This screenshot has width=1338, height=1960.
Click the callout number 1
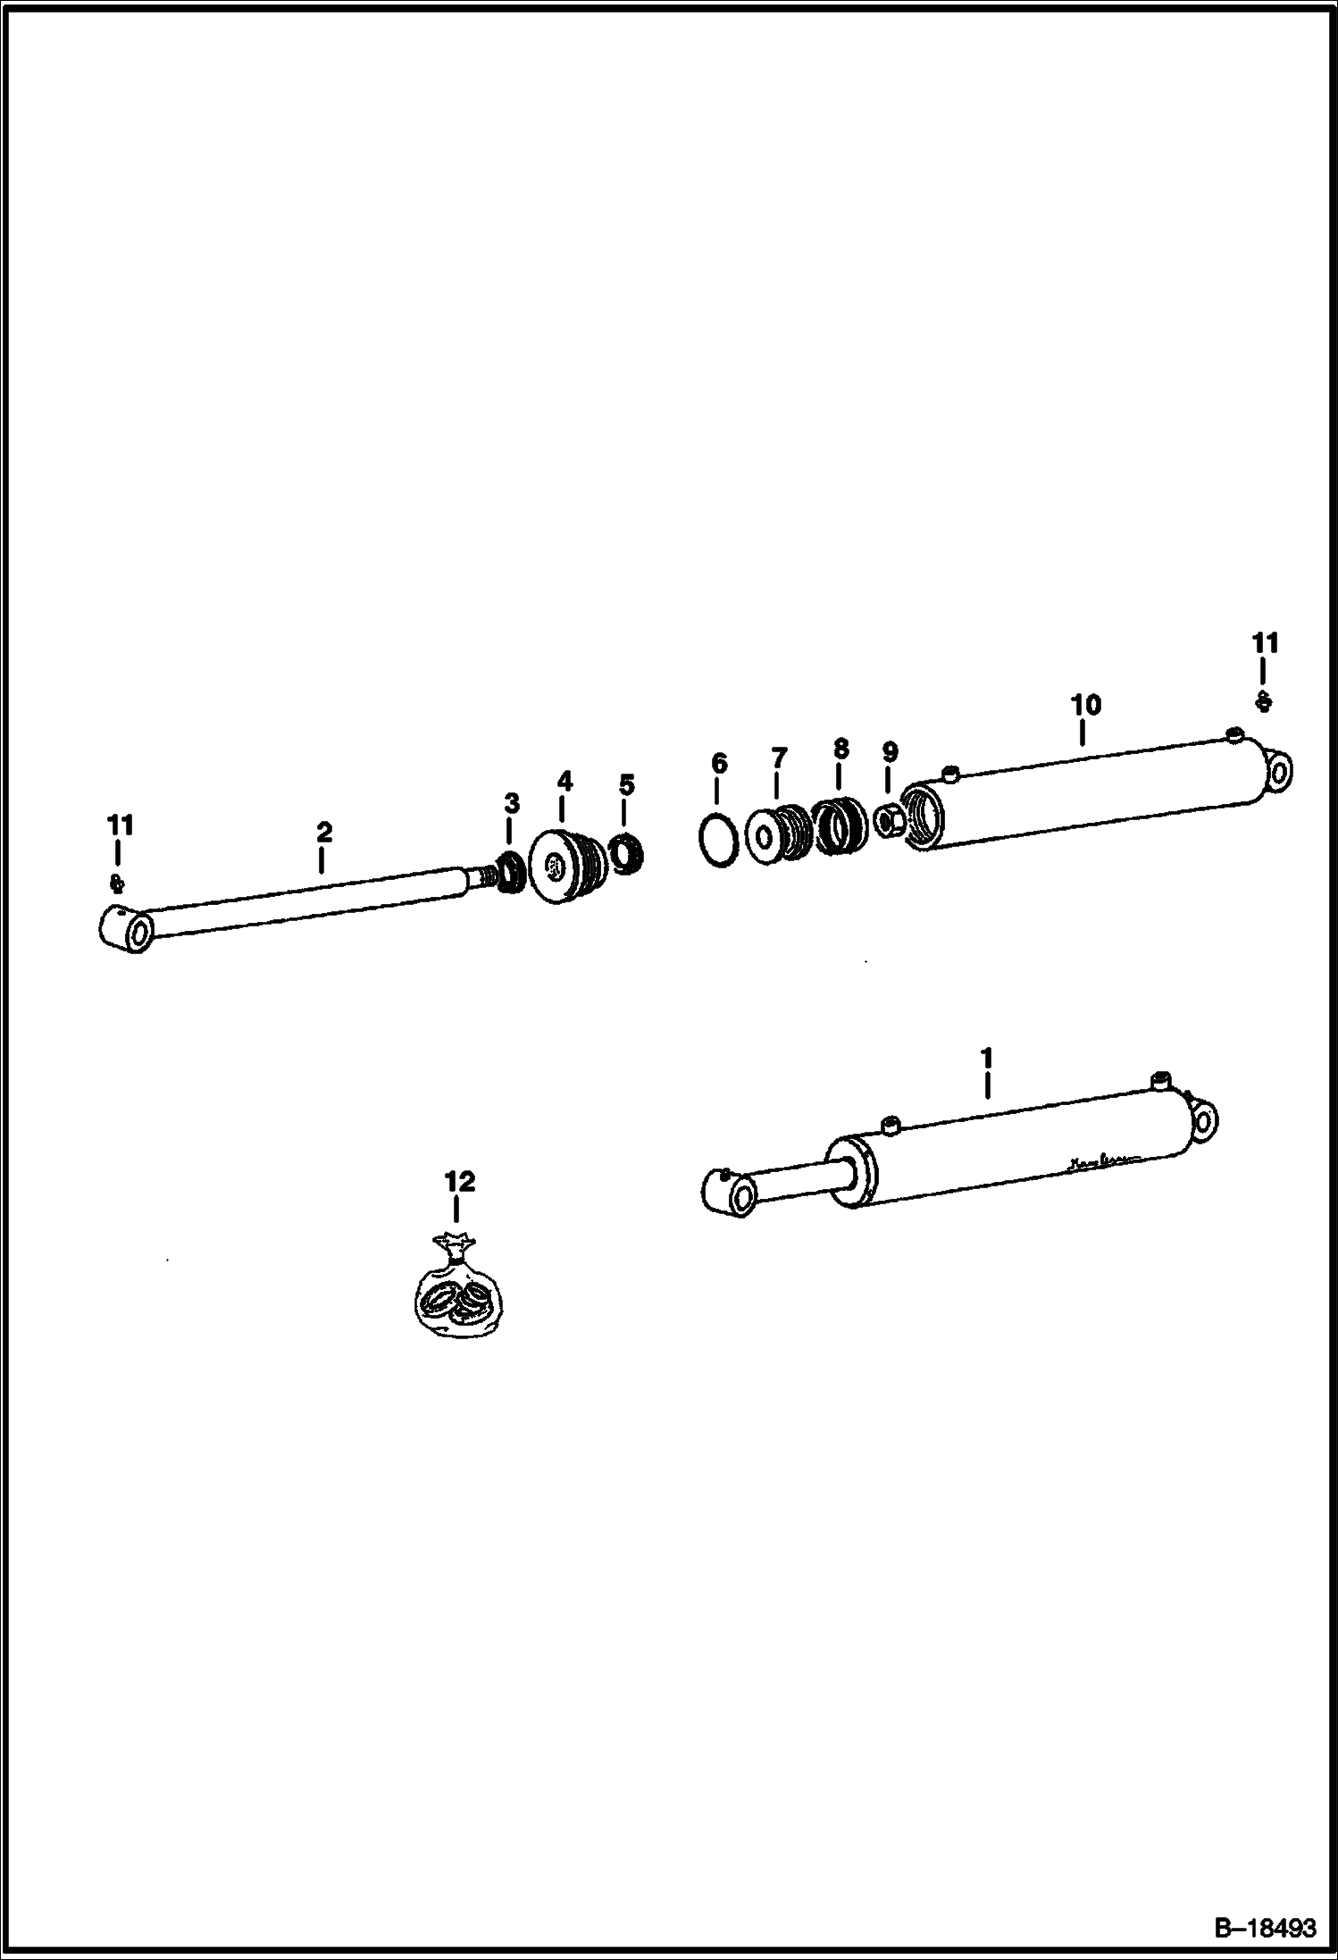tap(987, 1058)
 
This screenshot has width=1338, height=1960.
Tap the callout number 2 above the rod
tap(324, 832)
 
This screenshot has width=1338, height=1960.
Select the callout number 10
tap(1086, 704)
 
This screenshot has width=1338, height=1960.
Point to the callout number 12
tap(460, 1181)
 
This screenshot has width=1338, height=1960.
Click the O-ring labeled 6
tap(717, 839)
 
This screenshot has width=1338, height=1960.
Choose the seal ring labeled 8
tap(840, 824)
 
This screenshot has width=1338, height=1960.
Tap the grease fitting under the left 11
tap(115, 884)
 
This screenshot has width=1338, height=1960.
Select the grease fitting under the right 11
tap(1263, 703)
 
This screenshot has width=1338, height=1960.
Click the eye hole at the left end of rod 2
tap(138, 934)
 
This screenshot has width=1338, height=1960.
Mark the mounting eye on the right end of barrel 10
tap(1278, 770)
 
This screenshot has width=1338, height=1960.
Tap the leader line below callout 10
tap(1082, 733)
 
